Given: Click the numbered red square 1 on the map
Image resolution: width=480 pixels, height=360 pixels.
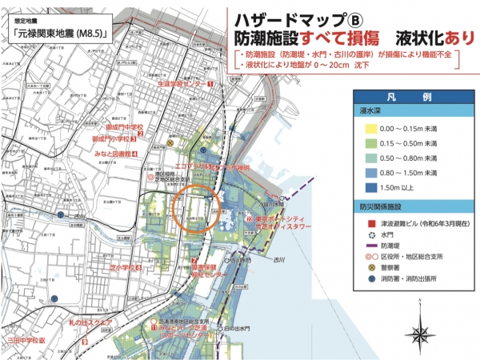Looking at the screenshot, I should coord(210,82).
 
